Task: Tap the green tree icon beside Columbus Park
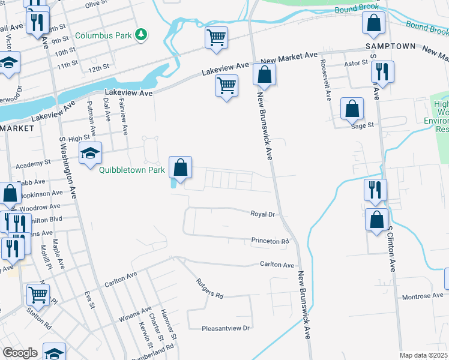click(x=141, y=35)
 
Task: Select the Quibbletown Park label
click(x=132, y=170)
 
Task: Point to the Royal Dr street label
click(x=262, y=214)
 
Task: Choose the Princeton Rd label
click(x=270, y=241)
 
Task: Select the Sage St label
click(x=363, y=125)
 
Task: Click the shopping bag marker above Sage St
click(x=352, y=109)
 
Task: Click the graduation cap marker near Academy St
click(x=90, y=153)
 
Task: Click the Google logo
click(x=20, y=353)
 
